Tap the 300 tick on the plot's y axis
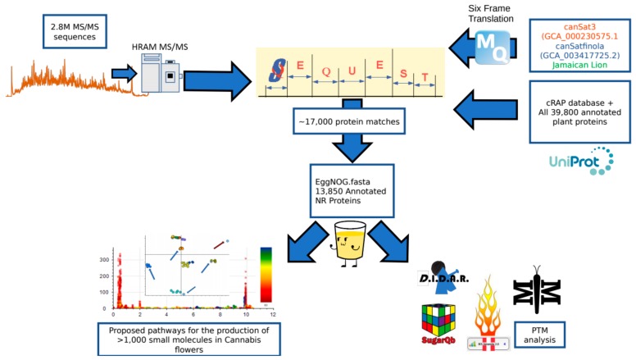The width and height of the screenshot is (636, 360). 103,258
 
